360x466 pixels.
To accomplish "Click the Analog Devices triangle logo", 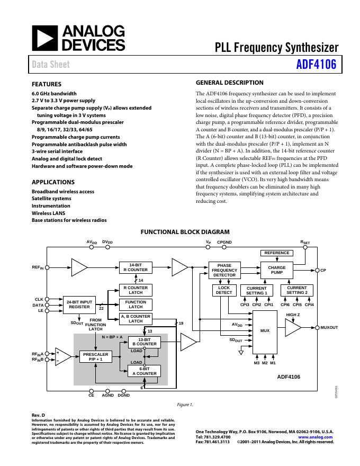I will pyautogui.click(x=44, y=38).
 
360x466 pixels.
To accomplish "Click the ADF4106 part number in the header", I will pyautogui.click(x=316, y=65).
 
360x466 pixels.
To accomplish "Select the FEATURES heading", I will pyautogui.click(x=47, y=84).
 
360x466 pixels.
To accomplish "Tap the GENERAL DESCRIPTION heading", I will pyautogui.click(x=229, y=83).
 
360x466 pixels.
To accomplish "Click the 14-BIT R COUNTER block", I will pyautogui.click(x=136, y=267).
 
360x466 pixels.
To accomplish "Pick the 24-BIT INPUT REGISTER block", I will pyautogui.click(x=79, y=305).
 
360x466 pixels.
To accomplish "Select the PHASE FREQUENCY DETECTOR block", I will pyautogui.click(x=224, y=271).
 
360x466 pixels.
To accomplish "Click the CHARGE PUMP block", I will pyautogui.click(x=277, y=270).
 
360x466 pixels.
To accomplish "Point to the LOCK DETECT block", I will pyautogui.click(x=224, y=290).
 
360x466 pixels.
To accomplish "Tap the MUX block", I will pyautogui.click(x=265, y=331).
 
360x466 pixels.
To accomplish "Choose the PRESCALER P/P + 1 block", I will pyautogui.click(x=95, y=357).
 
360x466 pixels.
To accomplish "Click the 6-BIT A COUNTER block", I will pyautogui.click(x=144, y=371).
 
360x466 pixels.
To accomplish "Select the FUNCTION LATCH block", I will pyautogui.click(x=136, y=304).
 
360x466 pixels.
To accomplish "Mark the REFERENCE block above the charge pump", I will pyautogui.click(x=277, y=253).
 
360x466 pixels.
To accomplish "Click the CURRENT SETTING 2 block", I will pyautogui.click(x=296, y=290).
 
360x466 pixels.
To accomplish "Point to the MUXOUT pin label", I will pyautogui.click(x=329, y=328).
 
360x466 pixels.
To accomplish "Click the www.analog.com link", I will pyautogui.click(x=316, y=437).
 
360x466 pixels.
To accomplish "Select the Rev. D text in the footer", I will pyautogui.click(x=38, y=415).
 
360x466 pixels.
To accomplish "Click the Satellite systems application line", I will pyautogui.click(x=51, y=199).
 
